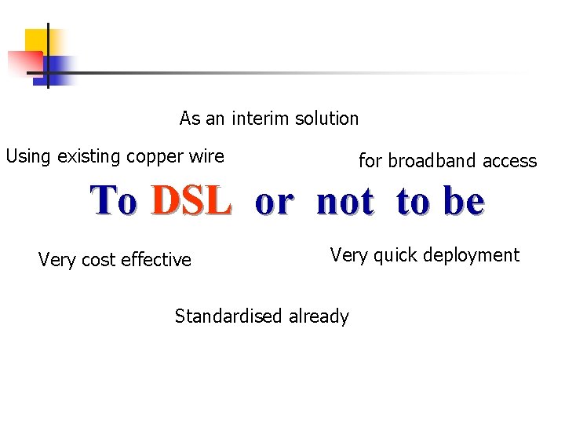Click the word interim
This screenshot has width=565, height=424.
(260, 119)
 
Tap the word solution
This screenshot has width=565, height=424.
(326, 119)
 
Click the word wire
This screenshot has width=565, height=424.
(206, 156)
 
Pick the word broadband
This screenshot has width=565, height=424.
(433, 161)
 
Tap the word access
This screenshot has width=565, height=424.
(510, 162)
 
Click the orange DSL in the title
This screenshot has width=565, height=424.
(191, 202)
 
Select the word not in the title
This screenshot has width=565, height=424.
(345, 202)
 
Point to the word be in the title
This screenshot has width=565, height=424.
(463, 202)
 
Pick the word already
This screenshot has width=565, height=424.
(319, 317)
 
